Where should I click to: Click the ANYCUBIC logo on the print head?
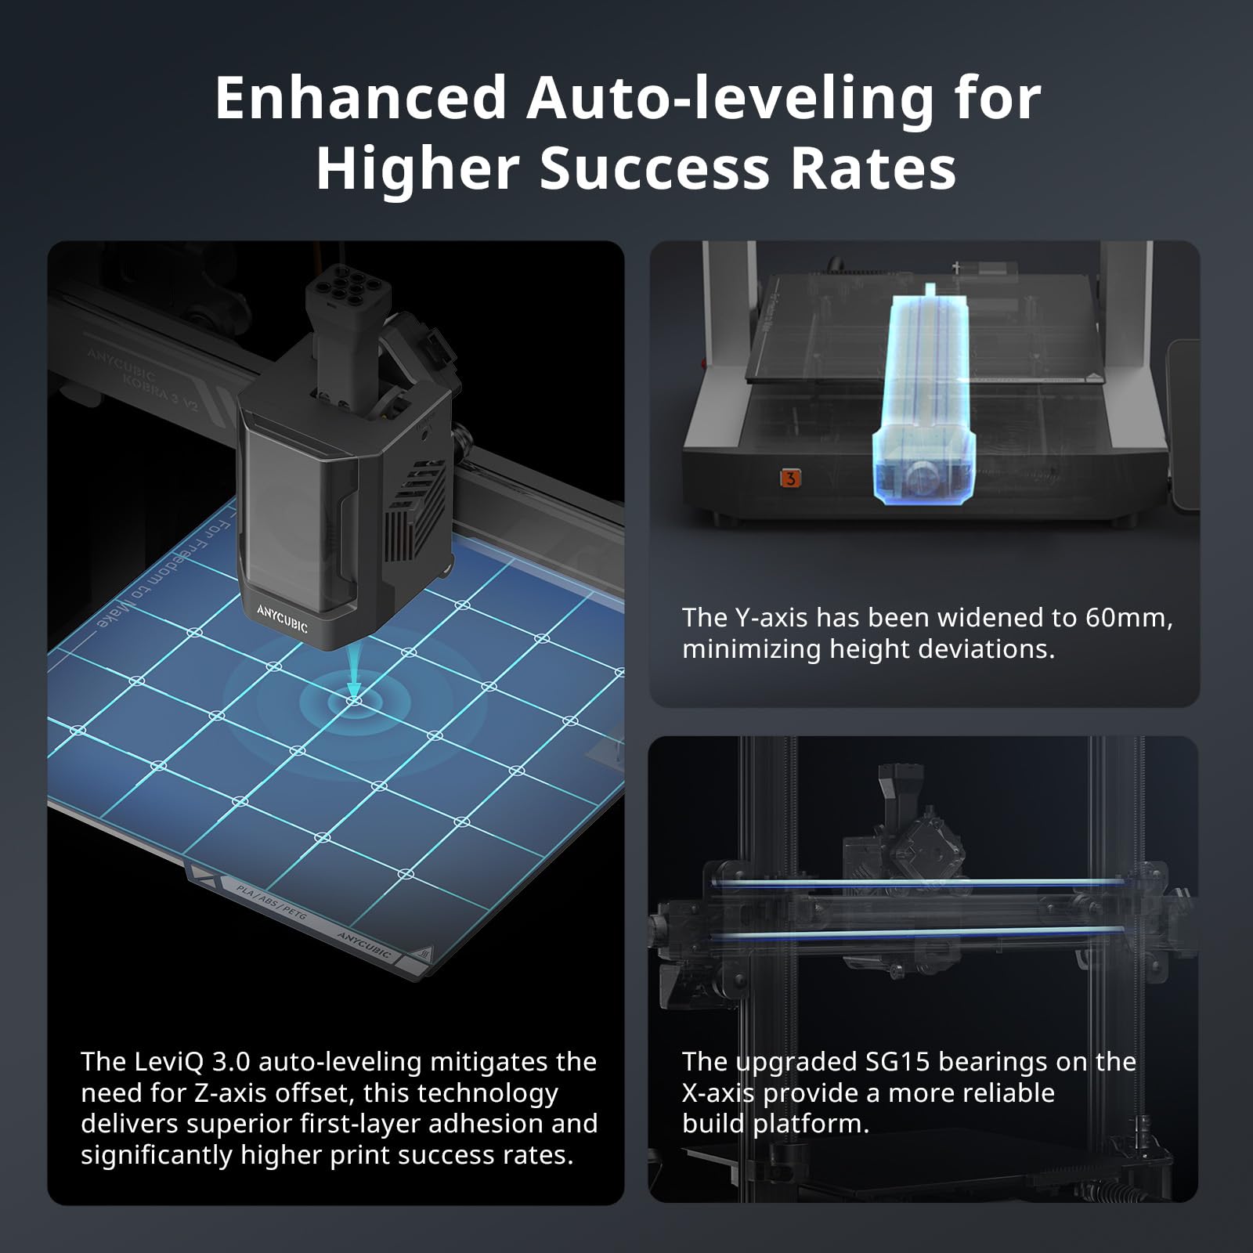pos(282,618)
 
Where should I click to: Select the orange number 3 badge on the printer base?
pos(790,478)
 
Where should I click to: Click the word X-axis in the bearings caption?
pos(718,1093)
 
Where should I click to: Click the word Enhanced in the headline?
pos(361,99)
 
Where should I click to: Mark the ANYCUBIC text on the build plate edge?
pos(364,946)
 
